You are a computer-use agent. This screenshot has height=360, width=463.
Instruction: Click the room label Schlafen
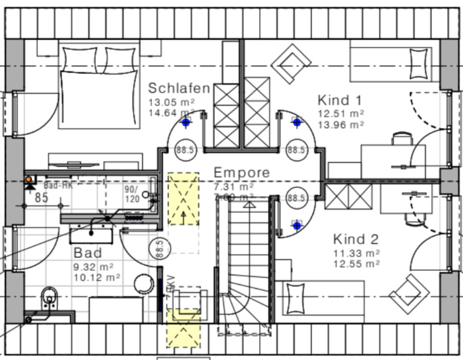pos(180,89)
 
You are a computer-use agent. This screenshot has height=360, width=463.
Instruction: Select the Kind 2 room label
pos(356,239)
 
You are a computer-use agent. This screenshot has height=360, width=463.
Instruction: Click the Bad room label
pos(87,253)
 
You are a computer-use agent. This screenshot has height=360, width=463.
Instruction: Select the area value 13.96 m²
pos(341,123)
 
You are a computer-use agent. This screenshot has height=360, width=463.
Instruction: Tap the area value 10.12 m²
pos(97,277)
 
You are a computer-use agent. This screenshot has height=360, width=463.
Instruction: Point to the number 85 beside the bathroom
pos(41,198)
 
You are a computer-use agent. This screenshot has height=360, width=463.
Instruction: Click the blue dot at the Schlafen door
pos(185,122)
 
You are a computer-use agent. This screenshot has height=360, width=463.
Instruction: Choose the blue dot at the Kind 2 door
pos(296,225)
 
